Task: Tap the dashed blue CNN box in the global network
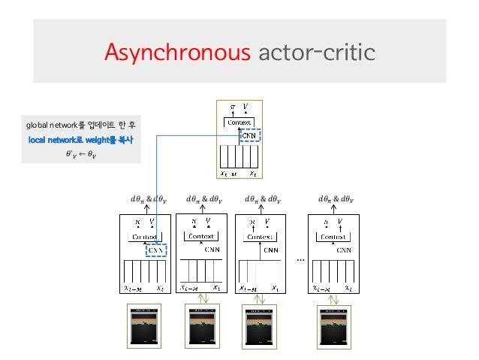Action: click(249, 135)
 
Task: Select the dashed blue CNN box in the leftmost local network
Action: click(155, 251)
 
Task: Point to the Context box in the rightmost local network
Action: click(333, 236)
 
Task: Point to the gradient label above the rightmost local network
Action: click(336, 199)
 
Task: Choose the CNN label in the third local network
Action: click(273, 250)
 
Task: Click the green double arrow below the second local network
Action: click(200, 298)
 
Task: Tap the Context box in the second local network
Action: click(200, 236)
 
